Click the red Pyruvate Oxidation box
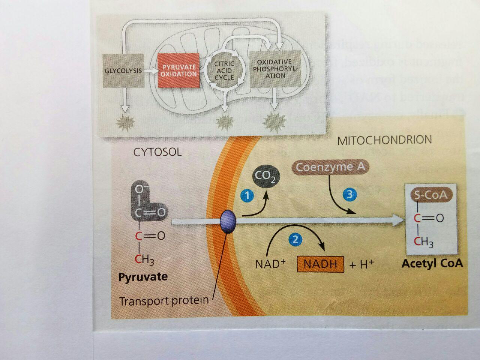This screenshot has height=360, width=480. coord(178,70)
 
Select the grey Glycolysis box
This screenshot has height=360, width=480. coord(123,70)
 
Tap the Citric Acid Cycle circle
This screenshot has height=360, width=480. coord(224,70)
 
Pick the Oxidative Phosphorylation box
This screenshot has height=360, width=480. coord(275,69)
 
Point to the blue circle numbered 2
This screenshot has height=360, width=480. coord(296,239)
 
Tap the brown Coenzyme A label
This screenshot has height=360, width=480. coord(330,167)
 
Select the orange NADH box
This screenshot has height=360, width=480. coord(320,264)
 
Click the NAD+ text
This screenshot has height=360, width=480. coord(270,264)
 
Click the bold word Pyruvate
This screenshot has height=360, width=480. coord(143,277)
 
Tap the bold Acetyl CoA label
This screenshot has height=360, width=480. coord(432,263)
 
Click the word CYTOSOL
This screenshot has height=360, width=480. coord(157,152)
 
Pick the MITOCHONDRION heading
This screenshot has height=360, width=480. coord(384,140)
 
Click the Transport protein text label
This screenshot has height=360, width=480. coord(164,300)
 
